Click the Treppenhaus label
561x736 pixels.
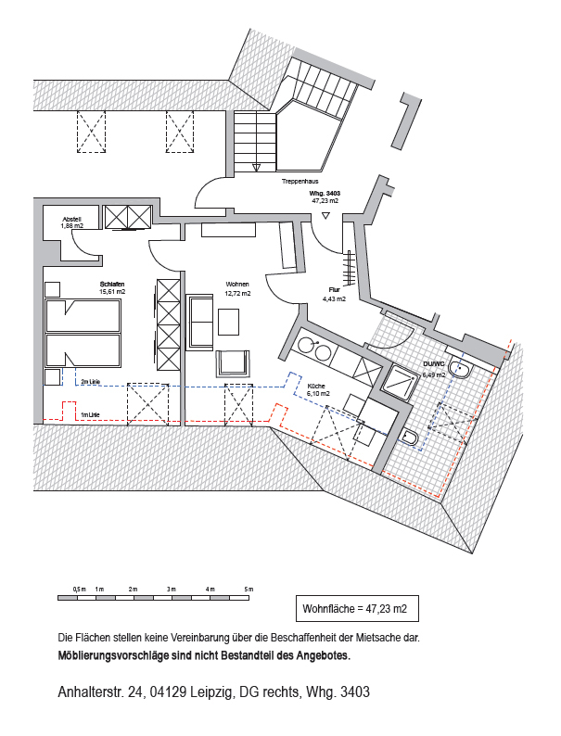point(301,183)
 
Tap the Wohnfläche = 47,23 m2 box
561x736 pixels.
point(355,610)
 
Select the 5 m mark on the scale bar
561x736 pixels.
point(249,590)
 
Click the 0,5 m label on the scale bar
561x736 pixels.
point(79,590)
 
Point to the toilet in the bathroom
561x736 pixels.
point(411,437)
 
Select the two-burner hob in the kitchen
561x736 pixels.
point(314,350)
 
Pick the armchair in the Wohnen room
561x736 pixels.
point(232,362)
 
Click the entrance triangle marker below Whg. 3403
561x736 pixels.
point(325,215)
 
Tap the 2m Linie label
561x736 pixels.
point(90,381)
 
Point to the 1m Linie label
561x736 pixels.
point(90,414)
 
